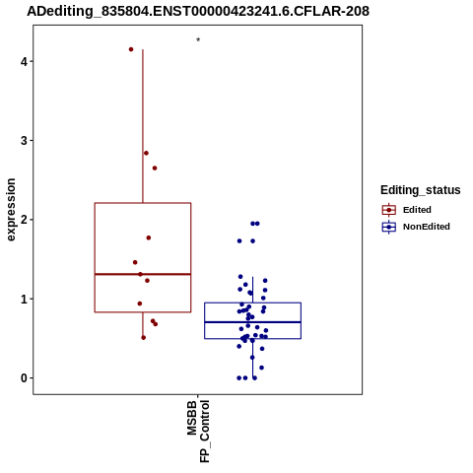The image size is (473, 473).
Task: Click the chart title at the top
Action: coord(198,11)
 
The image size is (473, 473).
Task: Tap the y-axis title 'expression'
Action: coord(11,210)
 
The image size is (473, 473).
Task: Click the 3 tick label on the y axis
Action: coord(25,141)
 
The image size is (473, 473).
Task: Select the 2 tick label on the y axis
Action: coord(25,220)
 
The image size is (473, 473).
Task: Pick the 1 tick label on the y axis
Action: coord(25,299)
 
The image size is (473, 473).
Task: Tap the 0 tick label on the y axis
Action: coord(25,378)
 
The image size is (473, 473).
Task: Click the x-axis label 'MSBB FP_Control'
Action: coord(198,431)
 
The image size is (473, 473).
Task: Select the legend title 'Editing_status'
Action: coord(421,190)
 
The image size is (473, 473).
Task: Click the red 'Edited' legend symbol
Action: coord(389,210)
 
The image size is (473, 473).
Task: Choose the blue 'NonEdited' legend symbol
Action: coord(389,227)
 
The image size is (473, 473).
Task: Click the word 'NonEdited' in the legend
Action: coord(427,227)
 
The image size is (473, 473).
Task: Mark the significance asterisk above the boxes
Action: coord(198,39)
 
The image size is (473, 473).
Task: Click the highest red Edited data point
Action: coord(131,49)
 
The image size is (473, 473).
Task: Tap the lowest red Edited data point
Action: coord(144,338)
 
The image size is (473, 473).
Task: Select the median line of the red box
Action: coord(143,274)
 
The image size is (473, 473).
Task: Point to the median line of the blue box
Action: coord(253,322)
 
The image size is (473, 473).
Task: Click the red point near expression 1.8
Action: coord(149,237)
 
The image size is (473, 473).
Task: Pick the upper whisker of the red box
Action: coord(143,126)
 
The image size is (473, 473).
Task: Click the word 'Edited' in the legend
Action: coord(417,210)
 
